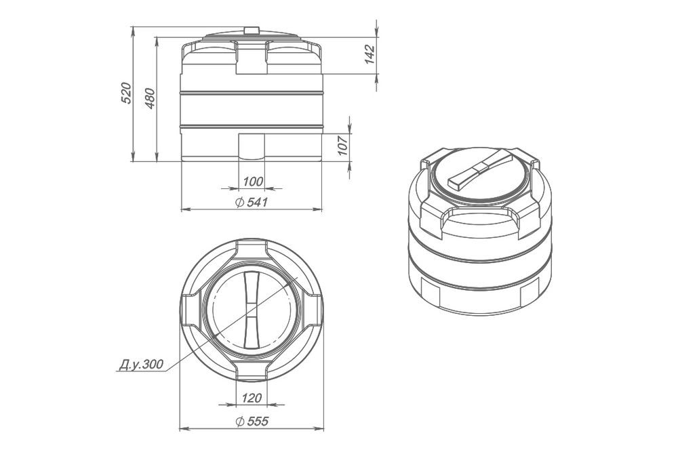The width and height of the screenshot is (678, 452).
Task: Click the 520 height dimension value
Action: [x=126, y=92]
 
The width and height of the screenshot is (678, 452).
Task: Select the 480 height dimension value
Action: [x=150, y=98]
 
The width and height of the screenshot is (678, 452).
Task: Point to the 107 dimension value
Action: [x=343, y=145]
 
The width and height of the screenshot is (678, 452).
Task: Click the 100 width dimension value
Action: [x=253, y=182]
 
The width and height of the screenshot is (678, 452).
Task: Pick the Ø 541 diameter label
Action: [x=252, y=202]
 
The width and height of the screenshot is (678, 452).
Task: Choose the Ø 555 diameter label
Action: [x=252, y=420]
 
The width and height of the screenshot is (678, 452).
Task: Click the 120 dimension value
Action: [x=252, y=398]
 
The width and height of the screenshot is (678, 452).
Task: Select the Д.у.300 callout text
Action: [x=141, y=365]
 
